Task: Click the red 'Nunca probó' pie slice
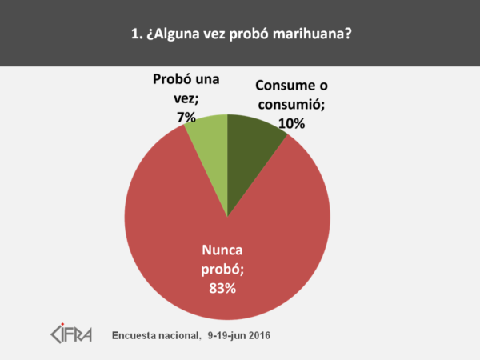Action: click(x=192, y=240)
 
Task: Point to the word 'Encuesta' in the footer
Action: click(x=138, y=334)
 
